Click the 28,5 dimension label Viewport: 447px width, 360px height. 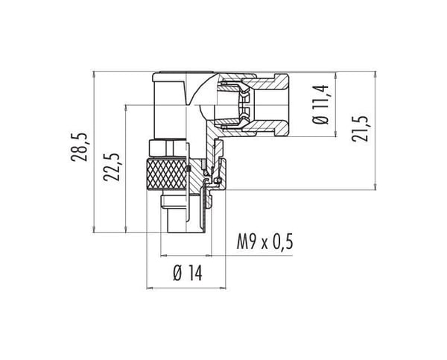[x=79, y=147]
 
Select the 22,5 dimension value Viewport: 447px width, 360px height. [x=111, y=167]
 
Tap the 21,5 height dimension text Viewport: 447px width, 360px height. [x=360, y=129]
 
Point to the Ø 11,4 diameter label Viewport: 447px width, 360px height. [x=320, y=104]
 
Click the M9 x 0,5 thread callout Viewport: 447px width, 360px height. [x=264, y=243]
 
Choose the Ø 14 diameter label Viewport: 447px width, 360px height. [x=188, y=274]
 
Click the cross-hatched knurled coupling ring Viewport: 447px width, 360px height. [x=166, y=174]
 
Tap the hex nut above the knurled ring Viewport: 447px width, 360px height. [x=168, y=148]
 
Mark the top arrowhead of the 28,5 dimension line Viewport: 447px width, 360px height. [x=94, y=74]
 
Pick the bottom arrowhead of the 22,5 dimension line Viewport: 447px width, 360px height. [x=126, y=229]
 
